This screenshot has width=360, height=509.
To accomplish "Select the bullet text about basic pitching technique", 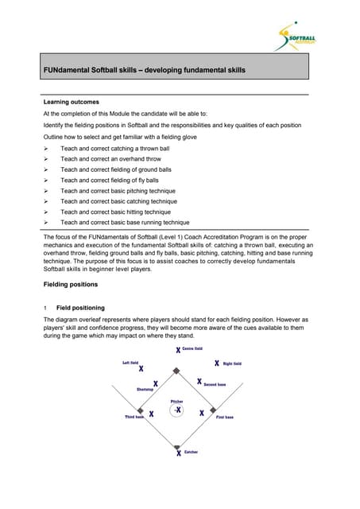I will (x=124, y=191).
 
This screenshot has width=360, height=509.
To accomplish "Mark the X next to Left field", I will (x=141, y=368).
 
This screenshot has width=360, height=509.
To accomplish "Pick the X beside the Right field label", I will (x=215, y=363).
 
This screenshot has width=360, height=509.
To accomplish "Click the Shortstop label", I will (x=145, y=389).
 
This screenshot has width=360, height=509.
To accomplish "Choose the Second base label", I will (x=215, y=384).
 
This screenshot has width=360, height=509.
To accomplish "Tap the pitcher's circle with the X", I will (x=178, y=410).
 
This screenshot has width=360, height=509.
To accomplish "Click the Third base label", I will (x=134, y=417).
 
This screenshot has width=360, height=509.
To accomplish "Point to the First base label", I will (x=225, y=417).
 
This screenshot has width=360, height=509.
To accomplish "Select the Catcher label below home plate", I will (x=191, y=452).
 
